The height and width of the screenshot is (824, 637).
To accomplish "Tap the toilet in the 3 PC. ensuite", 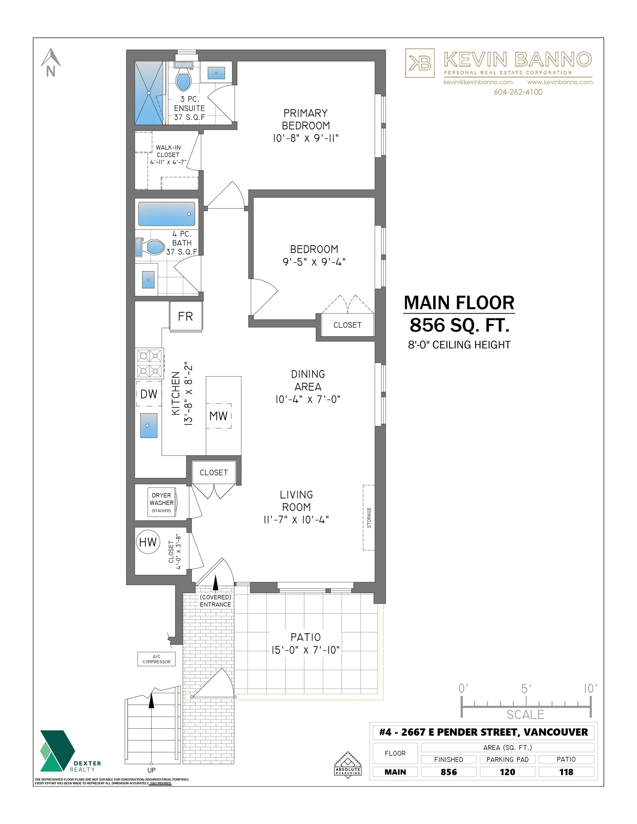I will point(184,78).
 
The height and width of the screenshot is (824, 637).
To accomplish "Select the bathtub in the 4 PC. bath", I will point(166,214).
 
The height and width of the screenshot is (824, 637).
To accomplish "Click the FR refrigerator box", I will point(185,316).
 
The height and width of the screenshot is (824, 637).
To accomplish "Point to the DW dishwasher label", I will point(149,394).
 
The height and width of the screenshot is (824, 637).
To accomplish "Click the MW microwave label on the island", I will point(218,416).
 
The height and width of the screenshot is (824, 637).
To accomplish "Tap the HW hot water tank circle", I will point(148,542).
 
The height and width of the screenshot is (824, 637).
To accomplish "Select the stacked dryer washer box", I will point(162,502).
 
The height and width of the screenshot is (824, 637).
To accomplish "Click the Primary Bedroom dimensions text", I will point(306,138).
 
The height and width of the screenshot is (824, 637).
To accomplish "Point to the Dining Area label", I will point(308,380).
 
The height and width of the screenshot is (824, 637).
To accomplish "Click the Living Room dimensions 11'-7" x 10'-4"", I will point(296,520).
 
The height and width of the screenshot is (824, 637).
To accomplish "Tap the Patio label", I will point(306,637).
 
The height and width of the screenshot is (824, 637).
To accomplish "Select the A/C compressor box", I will point(156,659).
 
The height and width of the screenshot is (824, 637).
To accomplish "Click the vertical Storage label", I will point(369,518).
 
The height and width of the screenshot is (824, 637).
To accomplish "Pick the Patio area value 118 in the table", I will point(566,772).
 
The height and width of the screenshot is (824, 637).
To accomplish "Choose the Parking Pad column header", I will point(507,760).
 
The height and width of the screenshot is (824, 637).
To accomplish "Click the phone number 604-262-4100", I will point(518,92).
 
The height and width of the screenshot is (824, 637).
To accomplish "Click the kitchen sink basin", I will point(149,426).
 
